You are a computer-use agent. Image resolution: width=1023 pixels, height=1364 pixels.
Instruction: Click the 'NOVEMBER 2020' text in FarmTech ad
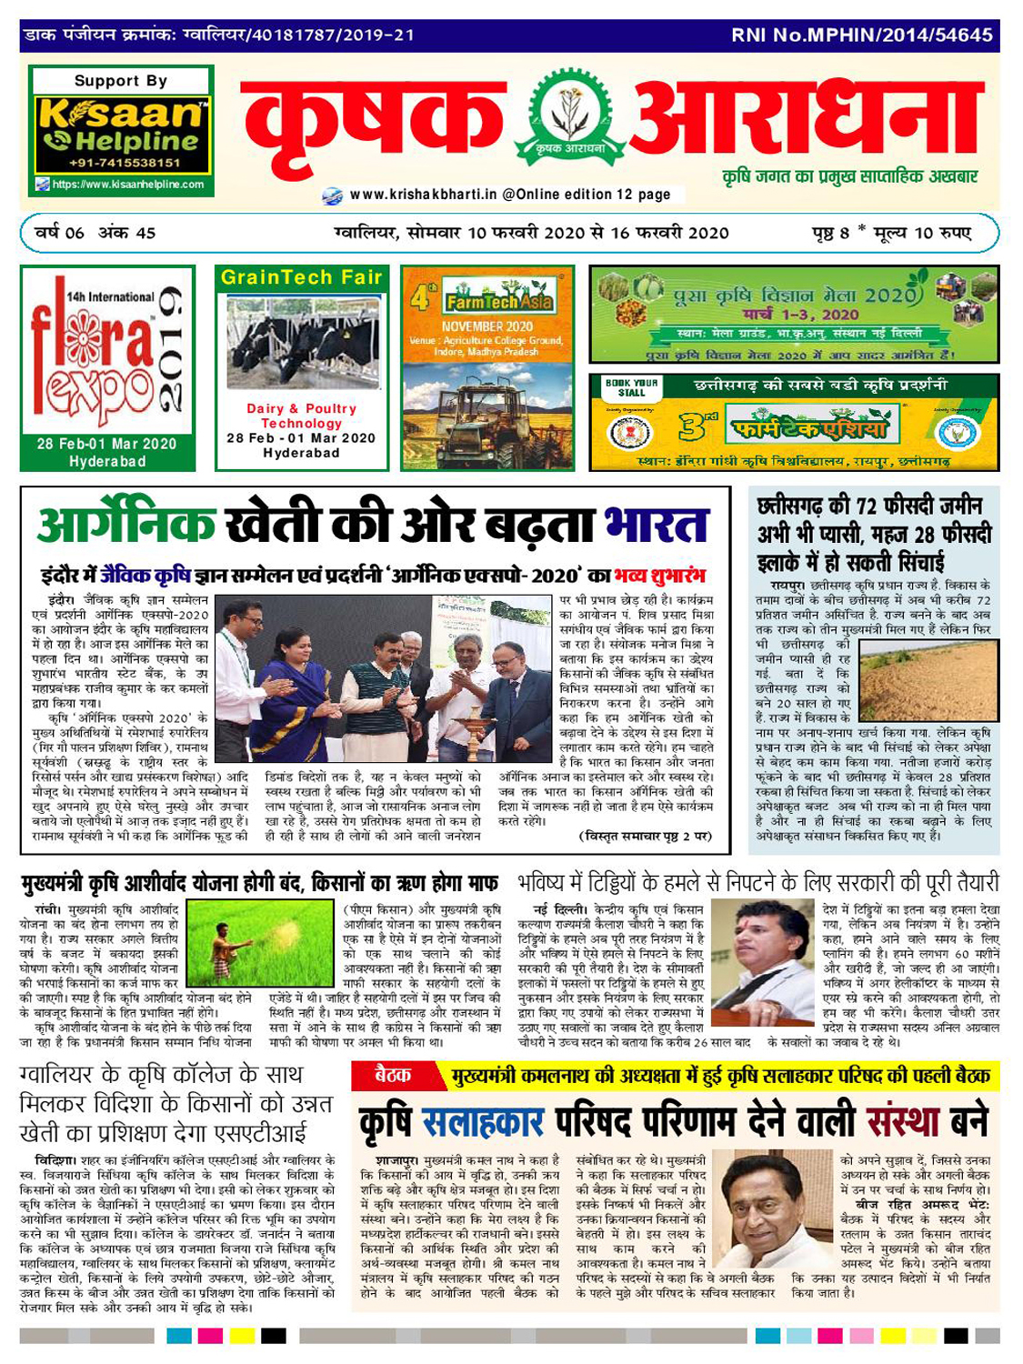[487, 326]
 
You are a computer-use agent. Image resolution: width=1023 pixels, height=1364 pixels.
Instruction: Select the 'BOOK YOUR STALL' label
[631, 387]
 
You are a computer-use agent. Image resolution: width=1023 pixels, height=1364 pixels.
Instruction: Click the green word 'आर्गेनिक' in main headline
[127, 526]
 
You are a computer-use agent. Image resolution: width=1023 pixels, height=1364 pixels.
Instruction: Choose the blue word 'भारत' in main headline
[656, 526]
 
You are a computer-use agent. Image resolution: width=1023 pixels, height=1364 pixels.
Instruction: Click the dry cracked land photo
[924, 675]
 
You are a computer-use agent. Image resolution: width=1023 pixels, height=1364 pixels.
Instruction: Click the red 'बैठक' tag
[393, 1076]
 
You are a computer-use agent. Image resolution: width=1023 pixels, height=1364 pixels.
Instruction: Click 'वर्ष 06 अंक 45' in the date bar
[95, 233]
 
